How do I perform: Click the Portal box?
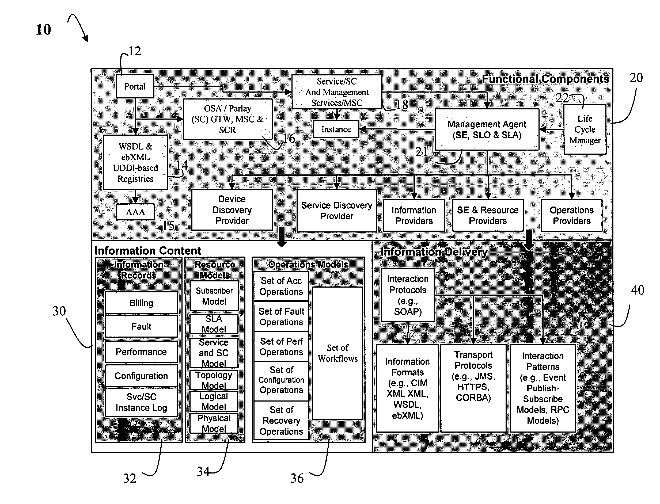pyautogui.click(x=135, y=86)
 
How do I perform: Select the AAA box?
pyautogui.click(x=135, y=212)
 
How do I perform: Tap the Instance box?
pyautogui.click(x=336, y=129)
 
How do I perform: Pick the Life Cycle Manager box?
pyautogui.click(x=585, y=129)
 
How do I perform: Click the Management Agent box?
pyautogui.click(x=487, y=129)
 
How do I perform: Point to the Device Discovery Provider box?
pyautogui.click(x=232, y=210)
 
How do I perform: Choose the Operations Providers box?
pyautogui.click(x=572, y=215)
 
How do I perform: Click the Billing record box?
pyautogui.click(x=141, y=303)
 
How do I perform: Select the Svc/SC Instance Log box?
pyautogui.click(x=141, y=402)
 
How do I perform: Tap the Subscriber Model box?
pyautogui.click(x=214, y=296)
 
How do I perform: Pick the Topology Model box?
pyautogui.click(x=214, y=380)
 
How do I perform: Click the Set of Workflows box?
pyautogui.click(x=338, y=353)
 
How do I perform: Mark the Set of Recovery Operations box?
pyautogui.click(x=282, y=421)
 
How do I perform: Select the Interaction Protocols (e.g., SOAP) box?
pyautogui.click(x=408, y=295)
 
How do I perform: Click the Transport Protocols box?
pyautogui.click(x=473, y=388)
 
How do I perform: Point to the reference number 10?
pyautogui.click(x=44, y=30)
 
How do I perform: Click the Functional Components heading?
pyautogui.click(x=545, y=79)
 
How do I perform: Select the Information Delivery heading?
pyautogui.click(x=434, y=252)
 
